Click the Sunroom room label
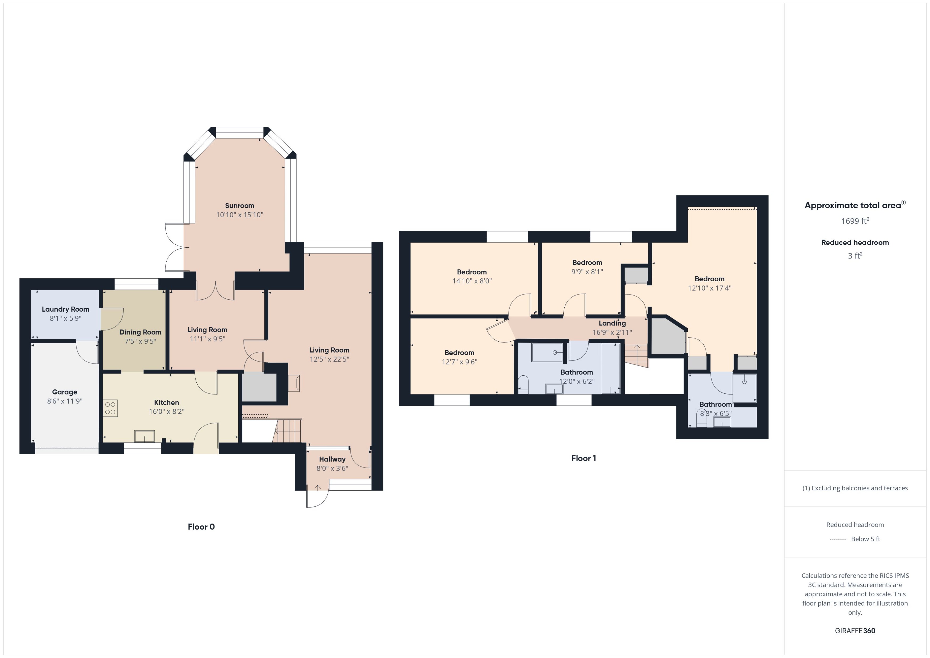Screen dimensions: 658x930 [239, 205]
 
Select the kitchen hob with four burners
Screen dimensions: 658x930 [110, 408]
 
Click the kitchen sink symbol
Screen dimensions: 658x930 [144, 436]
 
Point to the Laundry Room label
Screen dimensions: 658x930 [65, 309]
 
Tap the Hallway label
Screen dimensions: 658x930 [332, 459]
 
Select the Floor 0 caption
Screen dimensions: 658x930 [201, 527]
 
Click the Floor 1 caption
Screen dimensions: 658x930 [583, 458]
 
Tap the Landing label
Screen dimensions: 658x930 [612, 323]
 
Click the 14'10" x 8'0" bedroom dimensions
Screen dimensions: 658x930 [472, 281]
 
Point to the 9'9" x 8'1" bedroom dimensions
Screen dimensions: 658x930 [587, 271]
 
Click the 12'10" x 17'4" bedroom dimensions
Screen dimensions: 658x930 [709, 288]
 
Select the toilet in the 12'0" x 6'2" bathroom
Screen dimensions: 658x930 [523, 385]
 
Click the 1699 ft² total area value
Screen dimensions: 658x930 [855, 221]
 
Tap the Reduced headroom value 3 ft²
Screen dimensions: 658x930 [855, 256]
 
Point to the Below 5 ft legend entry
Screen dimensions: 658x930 [865, 539]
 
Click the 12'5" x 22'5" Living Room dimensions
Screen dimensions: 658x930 [329, 359]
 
